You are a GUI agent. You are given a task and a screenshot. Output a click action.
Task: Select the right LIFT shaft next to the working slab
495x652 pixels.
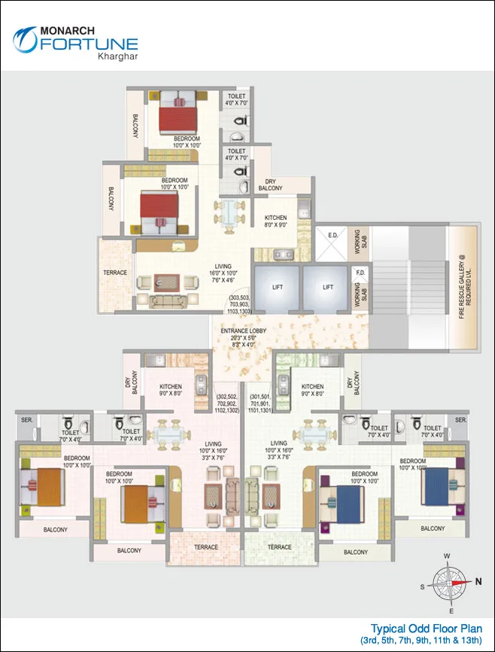(327, 288)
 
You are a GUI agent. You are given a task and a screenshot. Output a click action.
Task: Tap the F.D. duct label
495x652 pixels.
(360, 273)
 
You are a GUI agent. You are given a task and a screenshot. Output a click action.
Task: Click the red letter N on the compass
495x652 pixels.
(478, 581)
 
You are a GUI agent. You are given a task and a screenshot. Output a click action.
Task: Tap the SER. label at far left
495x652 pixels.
(26, 419)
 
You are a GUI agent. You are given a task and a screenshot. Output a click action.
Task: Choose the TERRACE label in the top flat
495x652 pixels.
(115, 273)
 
